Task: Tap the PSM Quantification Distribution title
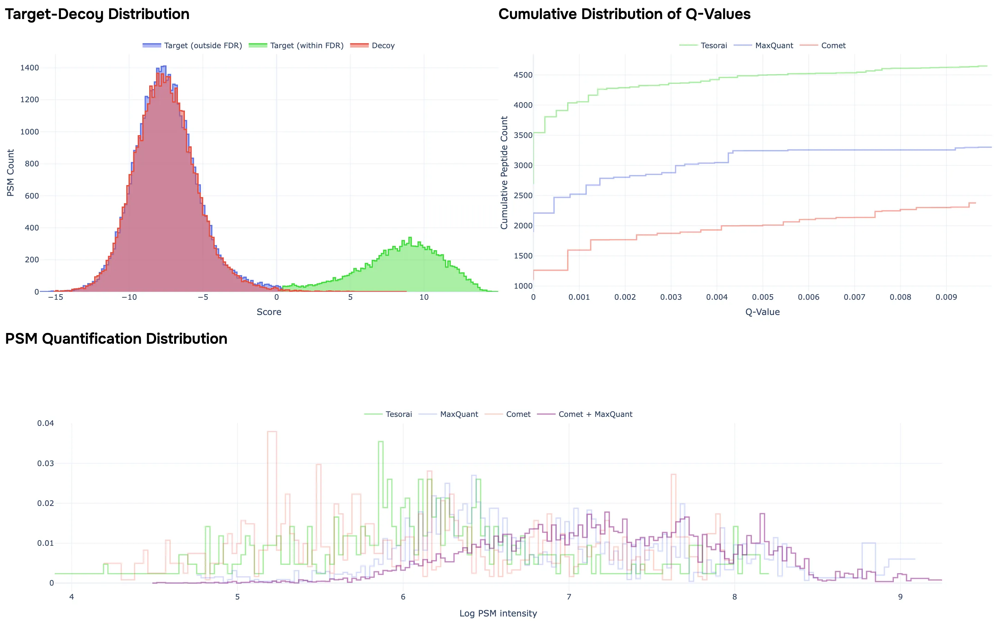tap(116, 339)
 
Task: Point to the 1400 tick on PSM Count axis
tap(29, 68)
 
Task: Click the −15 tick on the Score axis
tap(55, 297)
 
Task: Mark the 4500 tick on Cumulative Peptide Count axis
tap(523, 75)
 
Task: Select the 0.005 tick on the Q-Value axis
tap(763, 297)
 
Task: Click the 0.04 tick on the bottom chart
tap(46, 423)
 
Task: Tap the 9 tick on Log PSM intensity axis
tap(900, 597)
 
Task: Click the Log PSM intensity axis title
tap(498, 613)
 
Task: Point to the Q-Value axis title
tap(762, 312)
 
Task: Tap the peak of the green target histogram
tap(410, 238)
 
